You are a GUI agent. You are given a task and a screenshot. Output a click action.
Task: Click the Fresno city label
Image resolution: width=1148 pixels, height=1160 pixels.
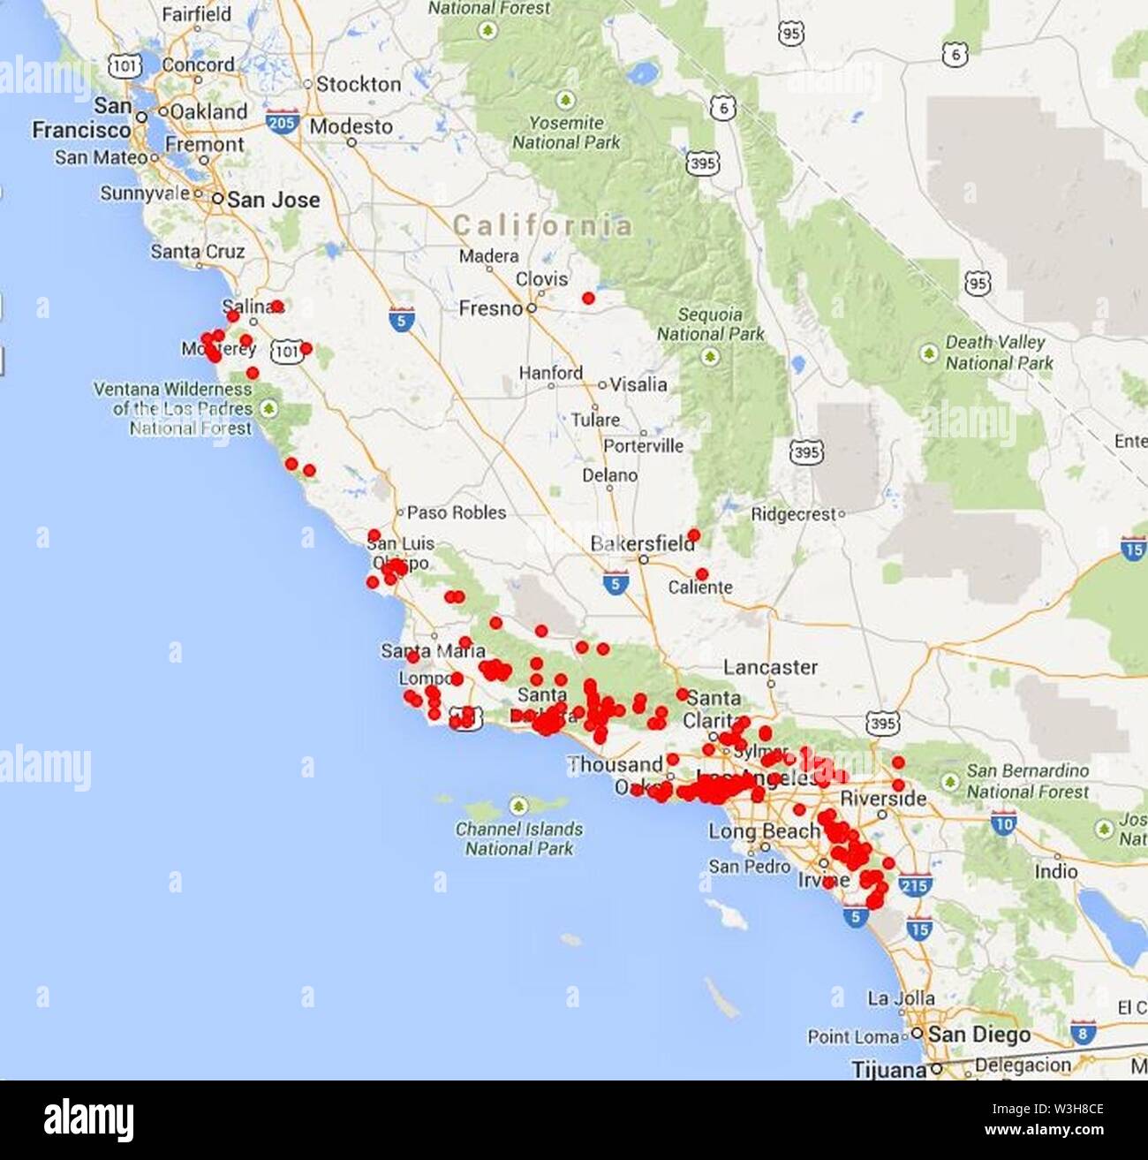pyautogui.click(x=491, y=308)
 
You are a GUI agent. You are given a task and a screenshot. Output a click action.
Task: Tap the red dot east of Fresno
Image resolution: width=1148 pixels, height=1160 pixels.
pyautogui.click(x=588, y=299)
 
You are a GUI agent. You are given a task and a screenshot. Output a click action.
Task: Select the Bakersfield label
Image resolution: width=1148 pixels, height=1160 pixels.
pyautogui.click(x=642, y=543)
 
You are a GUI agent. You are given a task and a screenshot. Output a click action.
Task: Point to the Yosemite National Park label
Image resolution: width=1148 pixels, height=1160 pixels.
pyautogui.click(x=566, y=133)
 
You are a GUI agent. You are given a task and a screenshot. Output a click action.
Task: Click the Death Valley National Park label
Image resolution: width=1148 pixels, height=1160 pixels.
pyautogui.click(x=999, y=352)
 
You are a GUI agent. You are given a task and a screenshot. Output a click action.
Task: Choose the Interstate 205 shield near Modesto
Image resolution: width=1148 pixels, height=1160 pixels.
pyautogui.click(x=282, y=122)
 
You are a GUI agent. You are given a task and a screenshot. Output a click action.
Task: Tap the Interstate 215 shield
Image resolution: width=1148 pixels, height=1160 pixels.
pyautogui.click(x=914, y=883)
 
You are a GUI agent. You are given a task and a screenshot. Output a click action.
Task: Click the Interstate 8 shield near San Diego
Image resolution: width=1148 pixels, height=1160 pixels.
pyautogui.click(x=1083, y=1031)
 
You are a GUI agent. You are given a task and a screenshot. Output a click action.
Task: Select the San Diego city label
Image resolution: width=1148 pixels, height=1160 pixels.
pyautogui.click(x=978, y=1034)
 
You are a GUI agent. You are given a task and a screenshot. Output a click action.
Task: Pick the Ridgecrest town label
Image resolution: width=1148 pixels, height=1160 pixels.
pyautogui.click(x=793, y=514)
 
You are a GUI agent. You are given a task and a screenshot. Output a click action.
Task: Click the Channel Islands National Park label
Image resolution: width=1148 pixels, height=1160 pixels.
pyautogui.click(x=519, y=838)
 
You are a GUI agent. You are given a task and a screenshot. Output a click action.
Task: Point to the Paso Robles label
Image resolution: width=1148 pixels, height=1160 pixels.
pyautogui.click(x=457, y=512)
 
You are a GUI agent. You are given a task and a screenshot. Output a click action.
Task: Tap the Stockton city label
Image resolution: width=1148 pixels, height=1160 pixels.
pyautogui.click(x=359, y=85)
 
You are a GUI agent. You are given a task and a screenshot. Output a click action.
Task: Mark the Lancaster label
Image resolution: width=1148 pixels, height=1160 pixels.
pyautogui.click(x=770, y=667)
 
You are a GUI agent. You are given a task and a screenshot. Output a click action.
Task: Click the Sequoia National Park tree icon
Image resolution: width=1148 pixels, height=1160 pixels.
pyautogui.click(x=709, y=357)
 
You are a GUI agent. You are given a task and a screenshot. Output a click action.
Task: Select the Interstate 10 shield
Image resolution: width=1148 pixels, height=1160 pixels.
pyautogui.click(x=1003, y=824)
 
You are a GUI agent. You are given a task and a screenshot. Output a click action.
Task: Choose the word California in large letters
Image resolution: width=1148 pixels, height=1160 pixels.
pyautogui.click(x=542, y=225)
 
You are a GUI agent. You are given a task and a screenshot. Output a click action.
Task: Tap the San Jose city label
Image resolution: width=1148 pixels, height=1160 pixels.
pyautogui.click(x=273, y=200)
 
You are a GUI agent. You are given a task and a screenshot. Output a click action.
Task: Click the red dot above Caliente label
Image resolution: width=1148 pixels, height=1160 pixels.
pyautogui.click(x=701, y=573)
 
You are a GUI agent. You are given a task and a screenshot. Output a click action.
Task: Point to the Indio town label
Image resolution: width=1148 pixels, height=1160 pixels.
pyautogui.click(x=1055, y=871)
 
